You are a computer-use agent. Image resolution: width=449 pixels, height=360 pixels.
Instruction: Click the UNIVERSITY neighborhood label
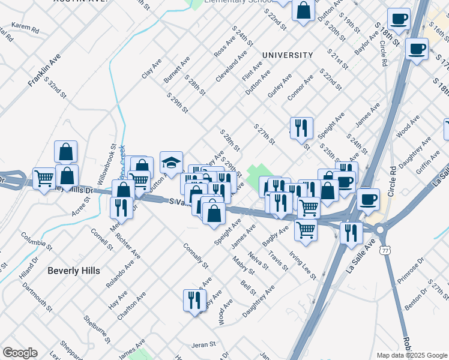(288, 55)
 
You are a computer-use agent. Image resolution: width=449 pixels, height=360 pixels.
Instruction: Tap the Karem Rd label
(25, 28)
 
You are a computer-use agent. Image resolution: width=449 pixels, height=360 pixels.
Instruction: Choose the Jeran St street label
(203, 345)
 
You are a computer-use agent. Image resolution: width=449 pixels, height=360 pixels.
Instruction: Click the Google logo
(20, 353)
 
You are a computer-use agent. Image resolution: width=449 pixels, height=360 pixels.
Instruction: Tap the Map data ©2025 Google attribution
(412, 355)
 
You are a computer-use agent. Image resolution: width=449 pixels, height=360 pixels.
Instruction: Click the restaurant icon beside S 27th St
(301, 128)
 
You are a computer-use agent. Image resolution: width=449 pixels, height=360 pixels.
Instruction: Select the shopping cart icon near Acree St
(44, 178)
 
